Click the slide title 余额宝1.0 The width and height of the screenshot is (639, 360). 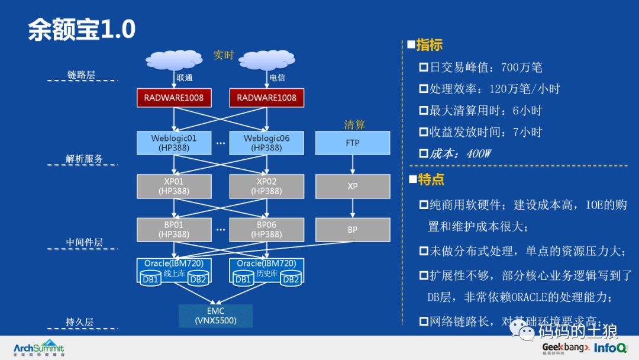[82, 30]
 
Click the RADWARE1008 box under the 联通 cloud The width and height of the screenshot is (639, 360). [173, 98]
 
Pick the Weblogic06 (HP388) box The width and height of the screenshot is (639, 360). [266, 143]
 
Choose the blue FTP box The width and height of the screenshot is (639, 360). [352, 143]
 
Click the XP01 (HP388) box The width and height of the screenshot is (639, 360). [173, 186]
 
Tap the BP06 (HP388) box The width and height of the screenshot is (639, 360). [266, 230]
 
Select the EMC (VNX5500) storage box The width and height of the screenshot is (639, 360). [215, 316]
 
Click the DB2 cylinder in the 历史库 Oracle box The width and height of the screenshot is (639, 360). [291, 279]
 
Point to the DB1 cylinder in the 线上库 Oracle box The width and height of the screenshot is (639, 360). [150, 279]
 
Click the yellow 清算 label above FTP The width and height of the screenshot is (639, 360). [354, 124]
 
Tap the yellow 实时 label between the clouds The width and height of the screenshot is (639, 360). [224, 55]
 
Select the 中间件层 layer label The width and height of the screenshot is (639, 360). [84, 242]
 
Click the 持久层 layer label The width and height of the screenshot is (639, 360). [79, 322]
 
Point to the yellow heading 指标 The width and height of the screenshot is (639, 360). [429, 45]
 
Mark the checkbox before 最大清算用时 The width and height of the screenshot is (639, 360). [424, 111]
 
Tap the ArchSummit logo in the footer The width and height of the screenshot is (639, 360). [38, 348]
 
